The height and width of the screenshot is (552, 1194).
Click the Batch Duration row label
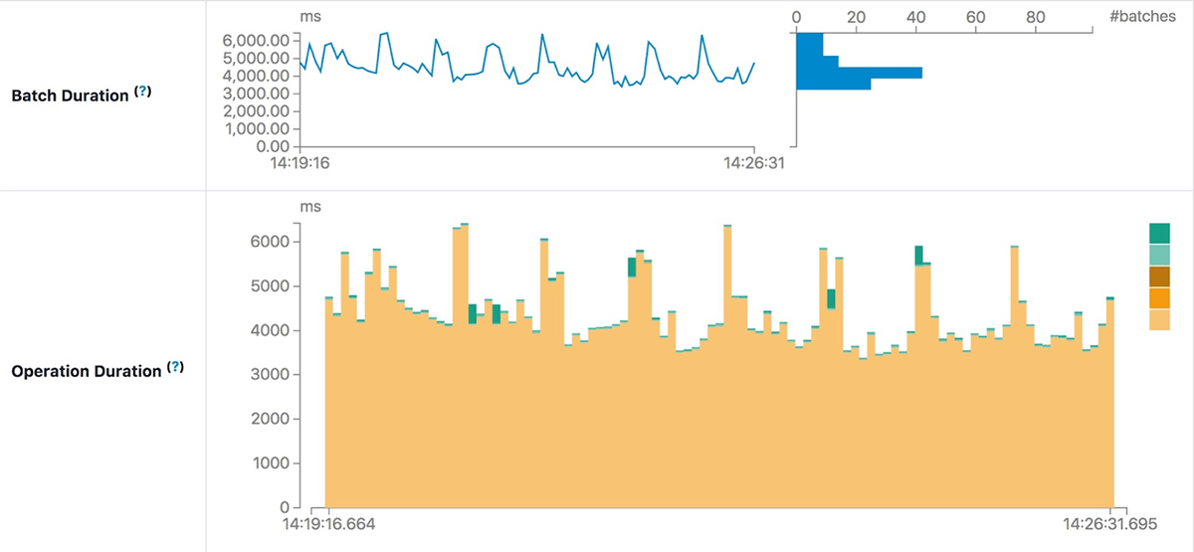[x=70, y=95]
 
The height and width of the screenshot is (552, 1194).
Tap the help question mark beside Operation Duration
[x=175, y=368]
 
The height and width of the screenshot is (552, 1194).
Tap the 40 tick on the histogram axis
[x=916, y=16]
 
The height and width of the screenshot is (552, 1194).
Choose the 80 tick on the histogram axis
[x=1035, y=16]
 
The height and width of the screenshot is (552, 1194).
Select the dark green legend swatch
[x=1159, y=233]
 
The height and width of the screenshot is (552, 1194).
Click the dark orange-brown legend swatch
[x=1159, y=276]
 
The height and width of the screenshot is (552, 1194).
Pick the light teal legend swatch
[x=1159, y=255]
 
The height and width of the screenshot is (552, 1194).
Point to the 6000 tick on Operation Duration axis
[x=268, y=242]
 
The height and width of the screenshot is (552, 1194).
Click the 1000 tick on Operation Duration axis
[x=268, y=463]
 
